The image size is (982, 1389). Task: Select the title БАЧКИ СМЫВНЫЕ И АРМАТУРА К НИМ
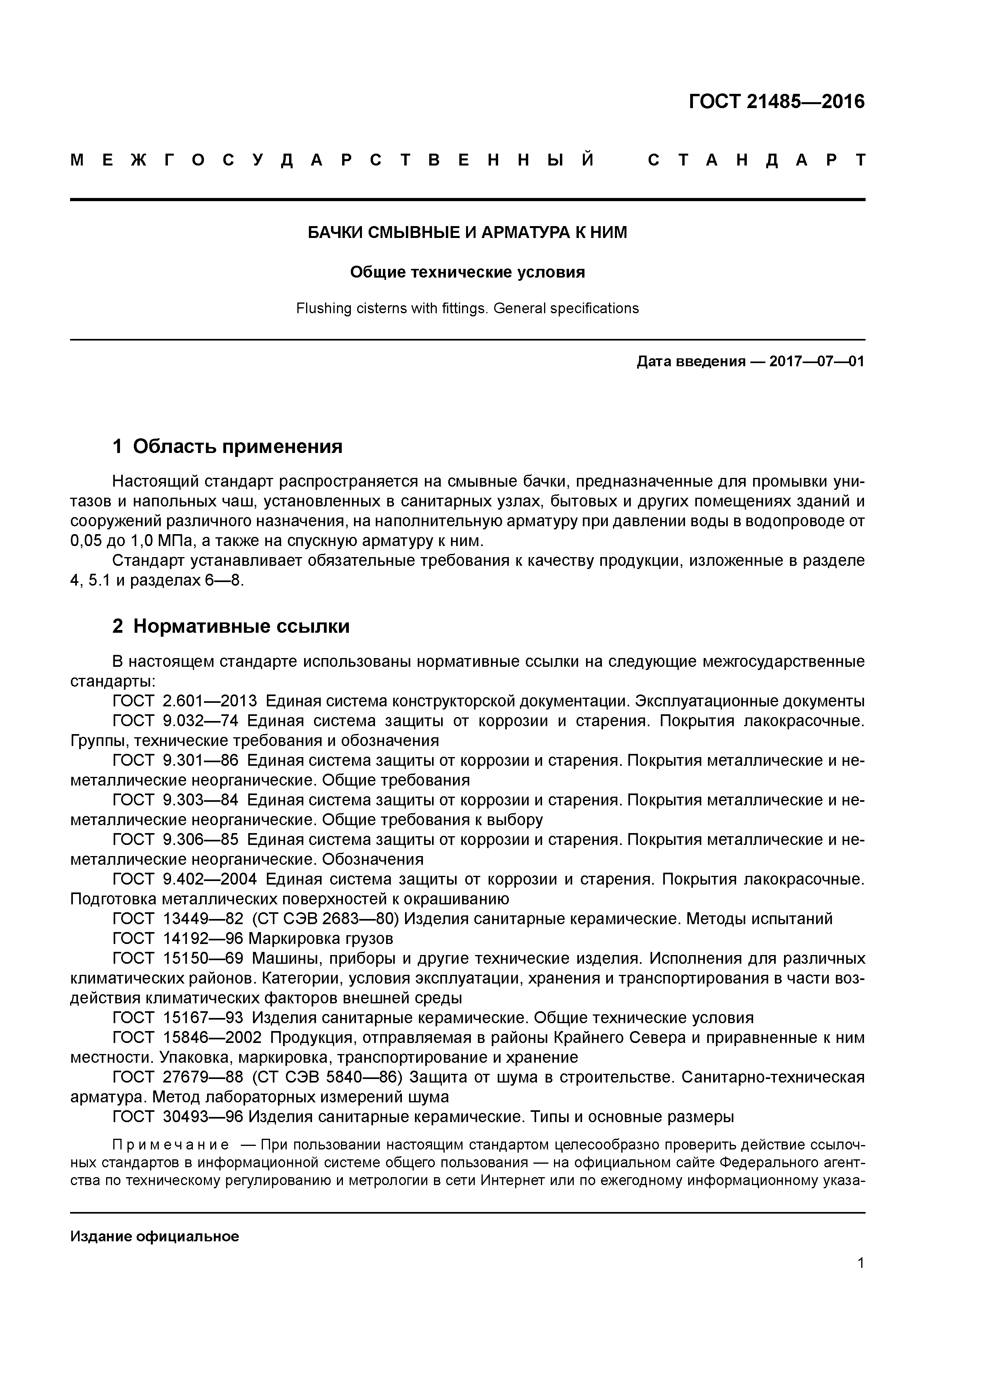click(x=467, y=232)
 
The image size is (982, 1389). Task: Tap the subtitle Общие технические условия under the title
click(x=467, y=272)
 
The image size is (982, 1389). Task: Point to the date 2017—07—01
click(x=817, y=362)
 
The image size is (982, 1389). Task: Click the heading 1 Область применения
click(x=228, y=447)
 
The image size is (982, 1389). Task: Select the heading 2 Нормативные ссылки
click(x=231, y=626)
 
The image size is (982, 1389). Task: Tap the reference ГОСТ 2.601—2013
click(x=185, y=701)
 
